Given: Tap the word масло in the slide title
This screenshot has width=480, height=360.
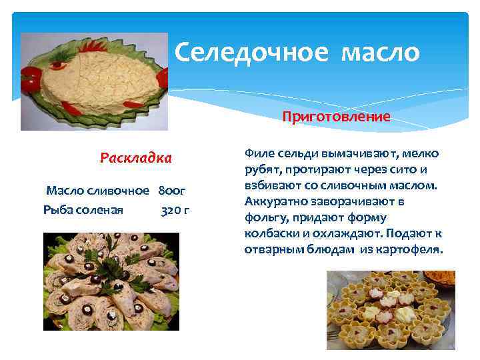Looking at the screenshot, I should (x=380, y=52).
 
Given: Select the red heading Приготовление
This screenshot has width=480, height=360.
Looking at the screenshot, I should (x=336, y=117).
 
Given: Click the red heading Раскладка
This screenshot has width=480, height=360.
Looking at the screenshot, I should (x=135, y=158).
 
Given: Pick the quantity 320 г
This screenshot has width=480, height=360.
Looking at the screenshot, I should (x=175, y=211).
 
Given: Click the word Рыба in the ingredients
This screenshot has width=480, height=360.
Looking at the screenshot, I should (x=57, y=211).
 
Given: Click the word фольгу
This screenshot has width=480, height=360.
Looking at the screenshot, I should (x=266, y=217).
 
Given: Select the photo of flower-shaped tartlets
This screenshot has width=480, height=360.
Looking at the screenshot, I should (x=390, y=309).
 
